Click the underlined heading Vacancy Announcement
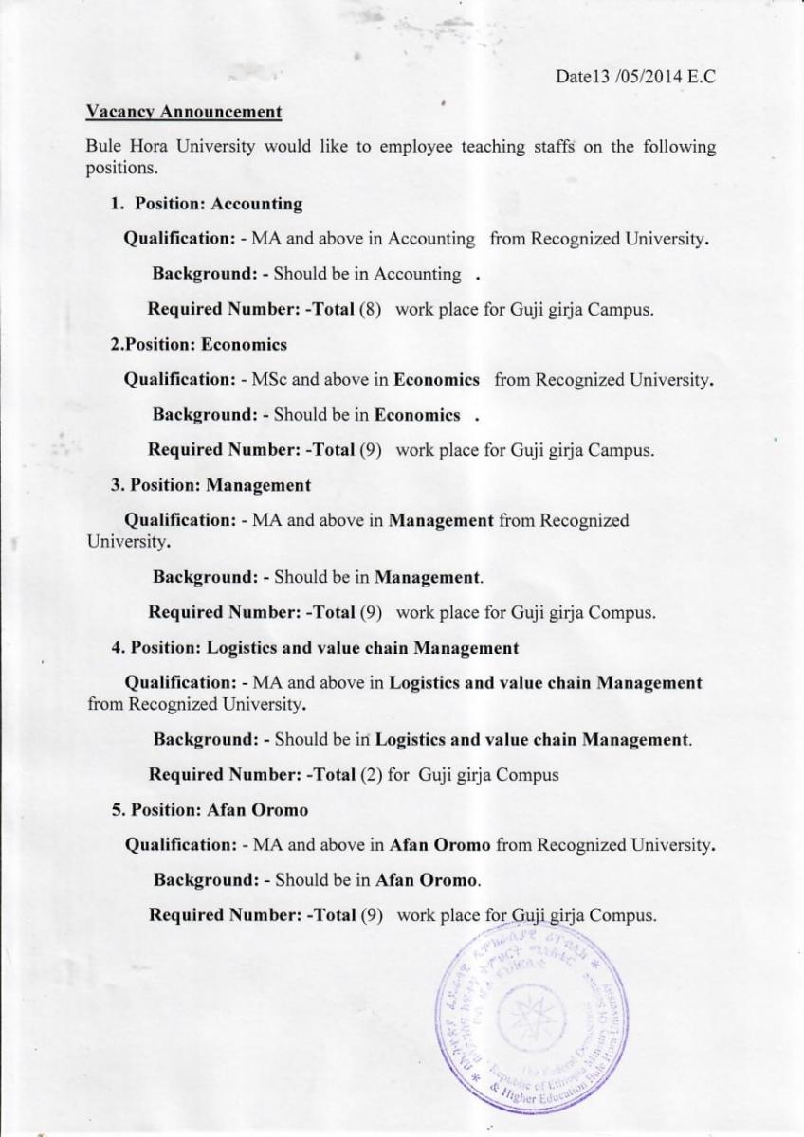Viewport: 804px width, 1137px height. (x=183, y=112)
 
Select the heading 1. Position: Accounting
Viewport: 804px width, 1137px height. (x=207, y=204)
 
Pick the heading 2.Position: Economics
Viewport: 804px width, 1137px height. (x=199, y=344)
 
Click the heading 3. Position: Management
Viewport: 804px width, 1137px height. (x=210, y=485)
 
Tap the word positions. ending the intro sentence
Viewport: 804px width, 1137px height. (x=120, y=170)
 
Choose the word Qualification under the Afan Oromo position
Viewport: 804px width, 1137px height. (x=180, y=844)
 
